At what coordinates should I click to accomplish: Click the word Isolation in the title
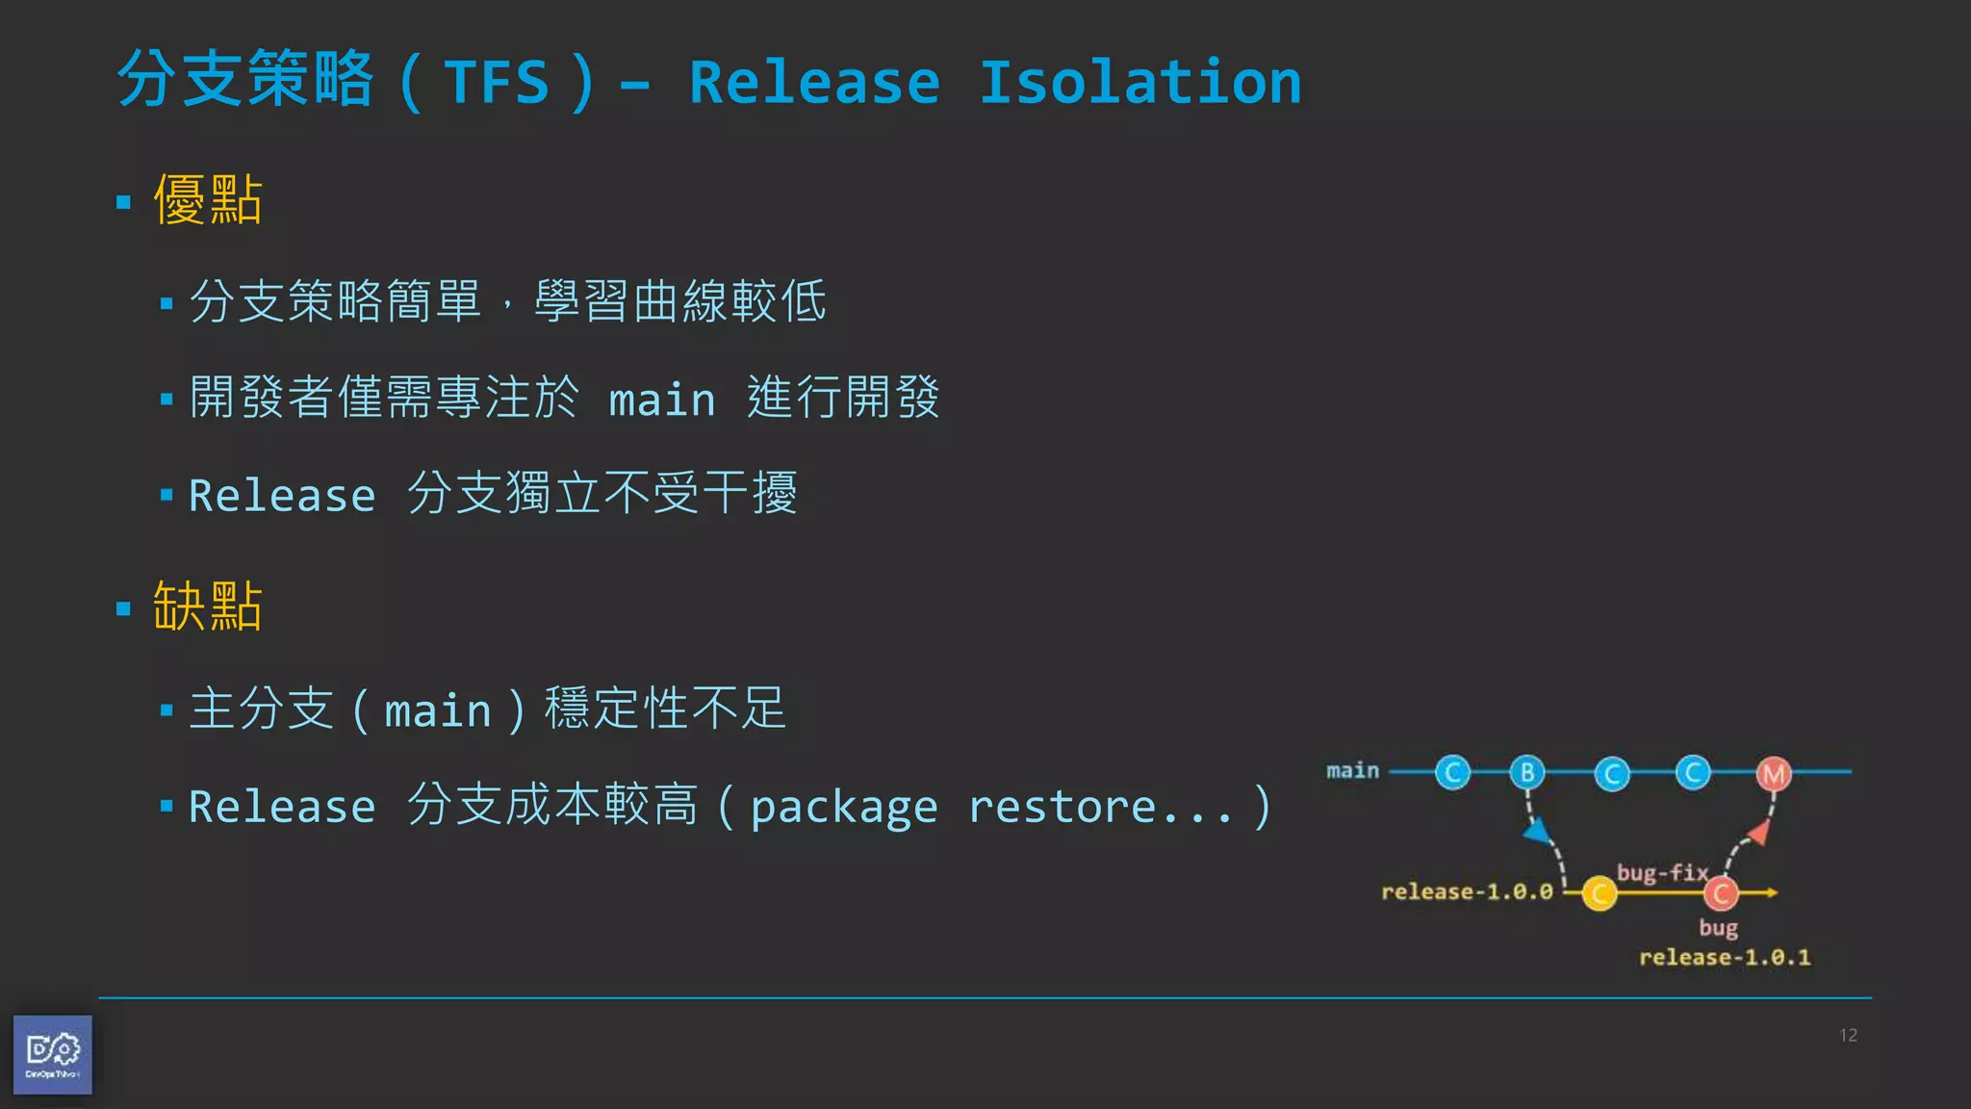coord(1139,83)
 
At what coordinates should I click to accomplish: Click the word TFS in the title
coord(497,83)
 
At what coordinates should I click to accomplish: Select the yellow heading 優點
coord(208,200)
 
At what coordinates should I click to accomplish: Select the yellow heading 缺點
coord(208,606)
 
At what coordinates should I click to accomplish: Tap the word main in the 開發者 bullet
coord(662,400)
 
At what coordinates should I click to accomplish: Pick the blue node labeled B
coord(1527,772)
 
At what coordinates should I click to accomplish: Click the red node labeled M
coord(1774,773)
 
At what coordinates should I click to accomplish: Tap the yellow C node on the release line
coord(1600,893)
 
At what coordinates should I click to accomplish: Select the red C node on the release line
coord(1721,893)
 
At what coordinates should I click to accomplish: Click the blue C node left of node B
coord(1453,772)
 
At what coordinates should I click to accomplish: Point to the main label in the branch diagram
coord(1352,770)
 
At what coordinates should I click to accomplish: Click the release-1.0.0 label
coord(1467,892)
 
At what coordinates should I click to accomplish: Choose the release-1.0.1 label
coord(1725,958)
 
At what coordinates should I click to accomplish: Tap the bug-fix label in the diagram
coord(1662,872)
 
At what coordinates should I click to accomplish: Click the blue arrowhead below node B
coord(1537,830)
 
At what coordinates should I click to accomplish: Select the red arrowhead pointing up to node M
coord(1760,832)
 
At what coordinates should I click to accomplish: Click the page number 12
coord(1848,1035)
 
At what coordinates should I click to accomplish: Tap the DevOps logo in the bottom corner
coord(53,1054)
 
